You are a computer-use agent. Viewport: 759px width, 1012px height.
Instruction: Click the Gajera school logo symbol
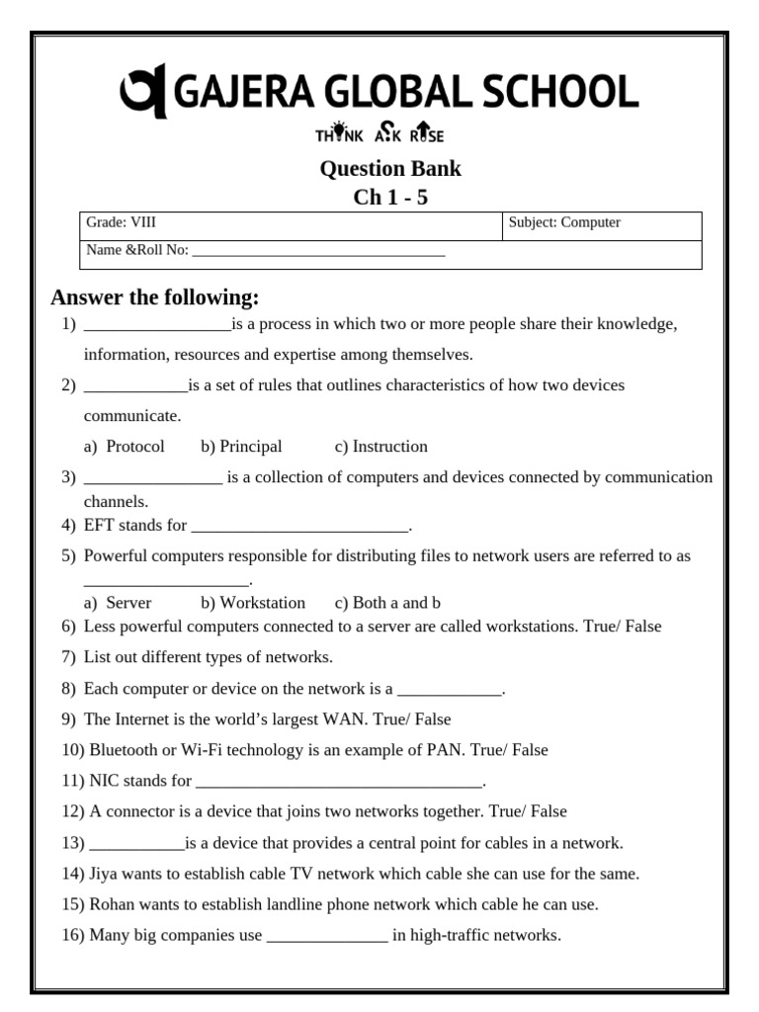tap(143, 92)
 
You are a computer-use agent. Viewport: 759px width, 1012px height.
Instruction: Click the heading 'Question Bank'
tap(390, 168)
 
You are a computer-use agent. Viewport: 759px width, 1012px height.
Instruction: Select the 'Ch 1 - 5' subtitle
tap(390, 197)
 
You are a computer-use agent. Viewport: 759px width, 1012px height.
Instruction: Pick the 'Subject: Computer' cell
tap(564, 223)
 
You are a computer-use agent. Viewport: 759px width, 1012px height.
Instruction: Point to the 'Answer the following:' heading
tap(155, 297)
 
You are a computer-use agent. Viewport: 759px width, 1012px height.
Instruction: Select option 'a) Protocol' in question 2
tap(125, 447)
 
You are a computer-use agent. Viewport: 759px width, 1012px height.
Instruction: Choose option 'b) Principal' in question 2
tap(241, 447)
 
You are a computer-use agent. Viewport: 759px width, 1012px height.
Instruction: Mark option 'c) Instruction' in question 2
tap(381, 447)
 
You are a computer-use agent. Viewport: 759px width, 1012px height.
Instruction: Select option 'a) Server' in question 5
tap(118, 603)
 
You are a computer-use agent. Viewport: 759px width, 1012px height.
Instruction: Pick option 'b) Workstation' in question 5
tap(253, 603)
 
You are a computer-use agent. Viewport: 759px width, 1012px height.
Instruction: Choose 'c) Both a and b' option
tap(387, 603)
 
